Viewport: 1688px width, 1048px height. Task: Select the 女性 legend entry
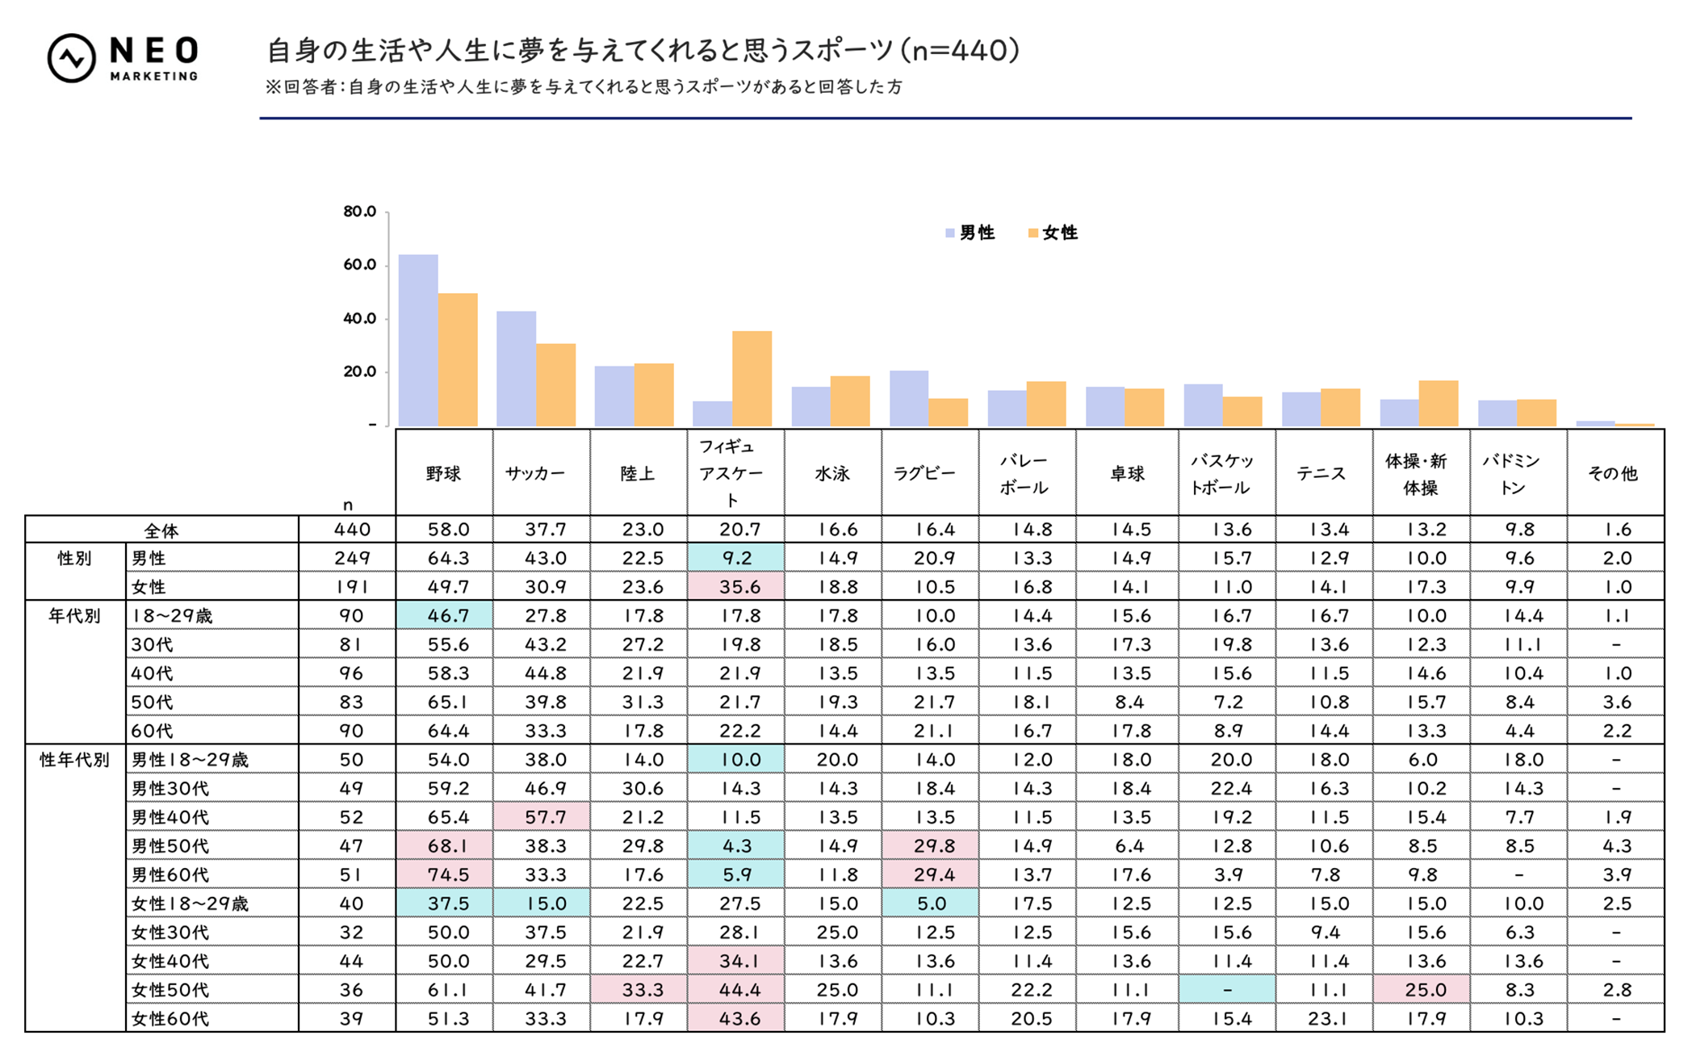pos(1053,233)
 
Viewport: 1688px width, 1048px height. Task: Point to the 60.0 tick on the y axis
pos(359,265)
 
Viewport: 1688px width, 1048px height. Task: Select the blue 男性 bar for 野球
pos(418,340)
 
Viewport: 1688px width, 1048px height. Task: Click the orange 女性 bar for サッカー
pos(555,384)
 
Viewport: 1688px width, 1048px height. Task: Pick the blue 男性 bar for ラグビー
pos(909,398)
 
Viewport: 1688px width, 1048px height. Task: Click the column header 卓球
pos(1127,474)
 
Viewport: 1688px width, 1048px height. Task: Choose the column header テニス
pos(1321,474)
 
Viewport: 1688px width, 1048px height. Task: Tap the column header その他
pos(1613,474)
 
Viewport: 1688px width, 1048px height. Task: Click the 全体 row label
pos(161,530)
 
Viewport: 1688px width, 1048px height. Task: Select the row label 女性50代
pos(170,990)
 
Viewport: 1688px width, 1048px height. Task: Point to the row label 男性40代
pos(170,817)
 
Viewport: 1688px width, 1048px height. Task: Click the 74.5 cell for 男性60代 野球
pos(447,874)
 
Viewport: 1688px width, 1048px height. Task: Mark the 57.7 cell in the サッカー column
pos(545,817)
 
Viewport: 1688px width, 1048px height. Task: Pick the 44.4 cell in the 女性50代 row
pos(739,990)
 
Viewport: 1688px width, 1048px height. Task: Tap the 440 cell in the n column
pos(352,530)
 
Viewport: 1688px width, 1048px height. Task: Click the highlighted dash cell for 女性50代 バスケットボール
pos(1227,990)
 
